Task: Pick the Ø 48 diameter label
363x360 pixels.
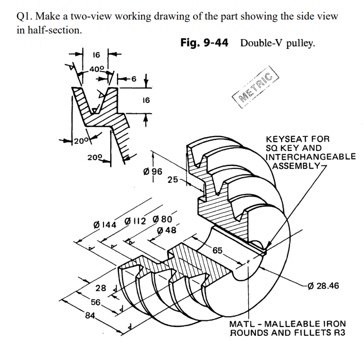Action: pos(166,230)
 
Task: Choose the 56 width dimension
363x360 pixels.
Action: pos(95,302)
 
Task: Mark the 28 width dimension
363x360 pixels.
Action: pos(101,288)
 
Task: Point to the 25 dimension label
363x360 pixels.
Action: pos(173,180)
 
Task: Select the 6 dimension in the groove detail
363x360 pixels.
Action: pos(134,79)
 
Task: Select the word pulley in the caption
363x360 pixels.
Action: pos(300,43)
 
